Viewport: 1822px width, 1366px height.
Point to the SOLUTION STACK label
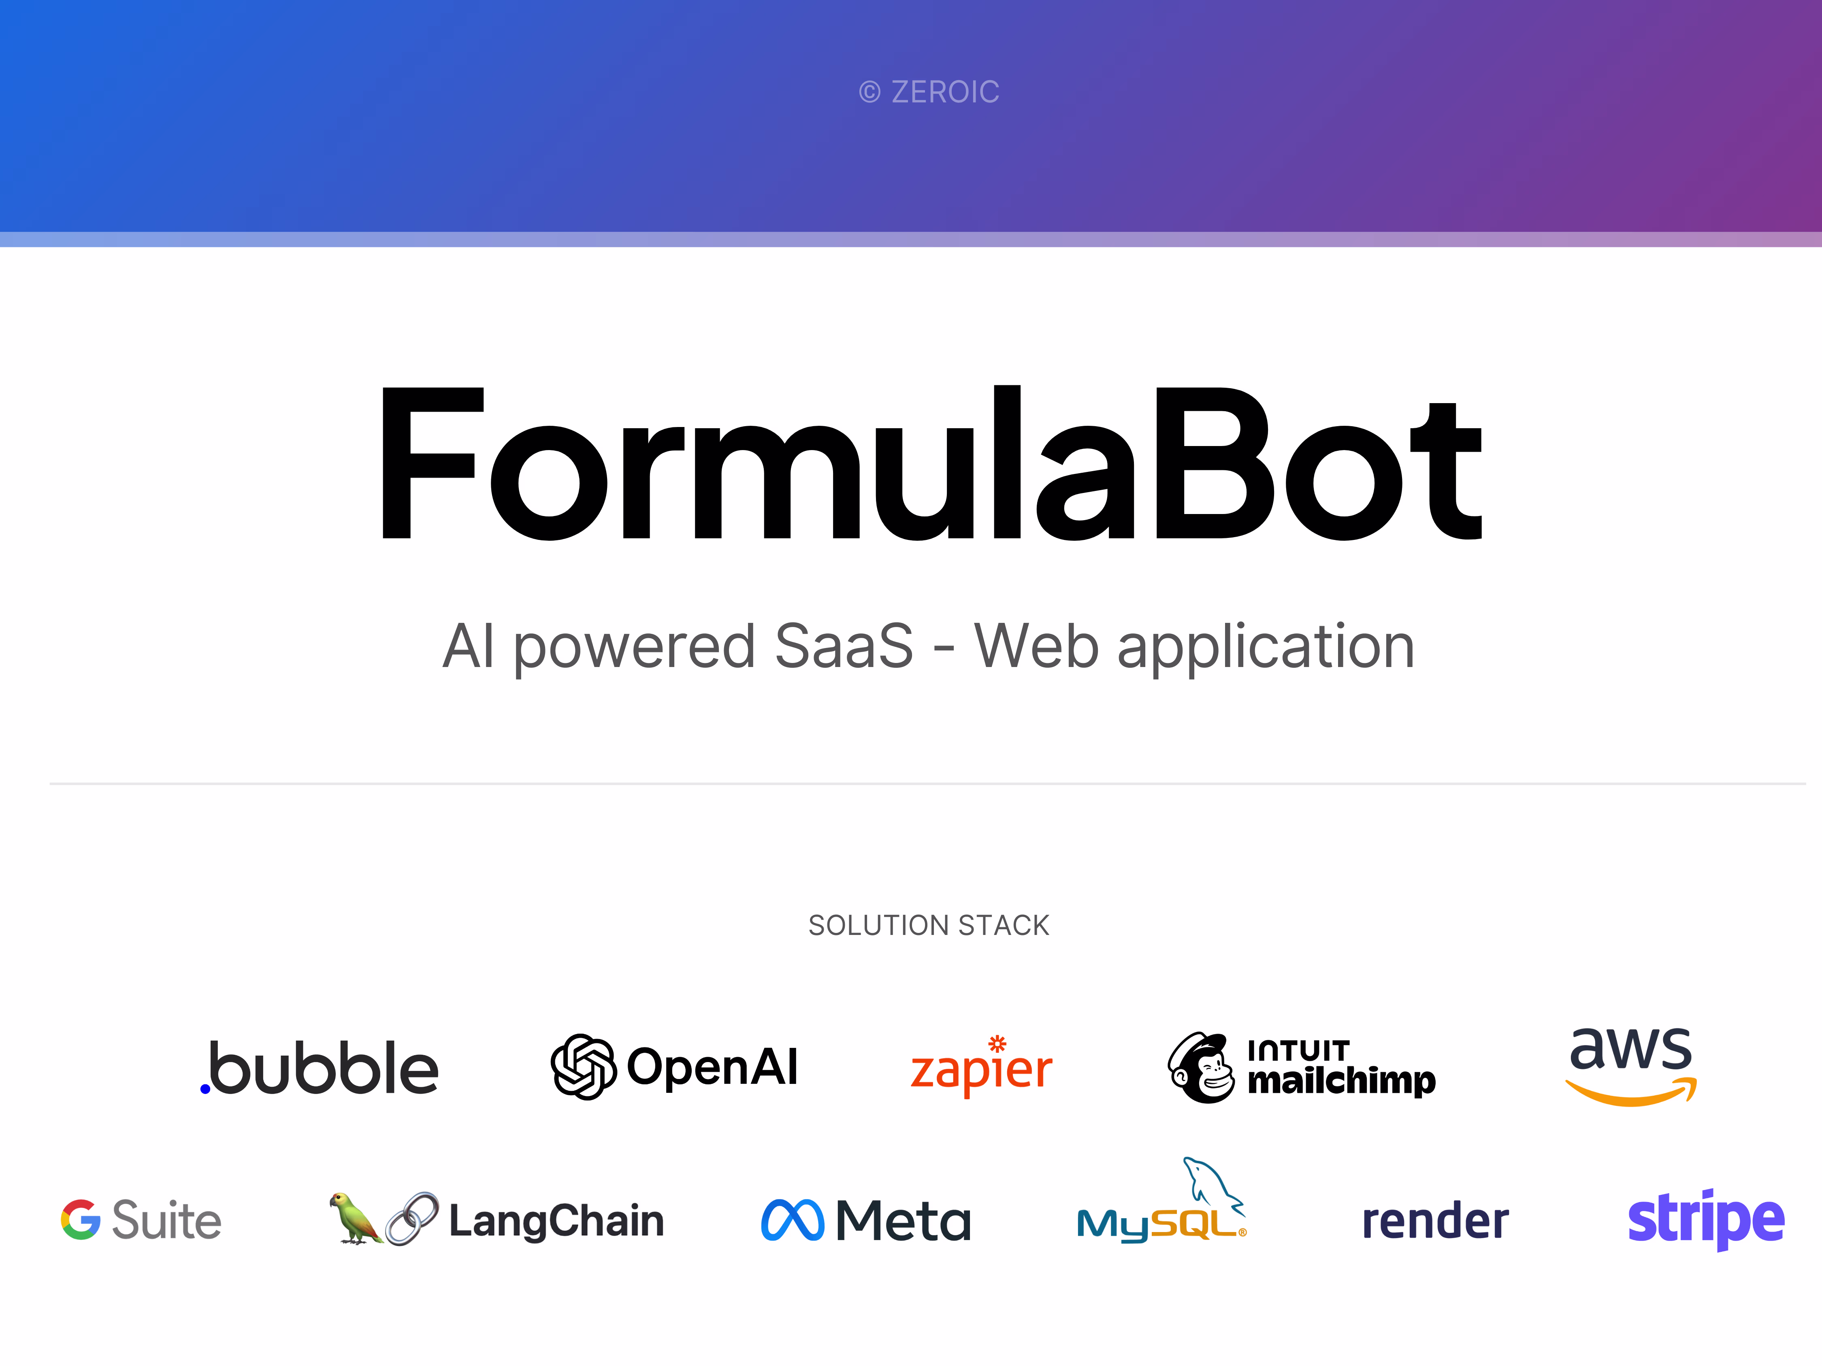pyautogui.click(x=929, y=926)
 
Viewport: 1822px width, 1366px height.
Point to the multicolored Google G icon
pyautogui.click(x=81, y=1219)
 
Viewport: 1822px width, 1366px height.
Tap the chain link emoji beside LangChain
pyautogui.click(x=412, y=1219)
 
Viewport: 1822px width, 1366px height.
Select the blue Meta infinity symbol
pyautogui.click(x=793, y=1220)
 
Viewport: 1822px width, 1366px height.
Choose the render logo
pyautogui.click(x=1435, y=1221)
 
